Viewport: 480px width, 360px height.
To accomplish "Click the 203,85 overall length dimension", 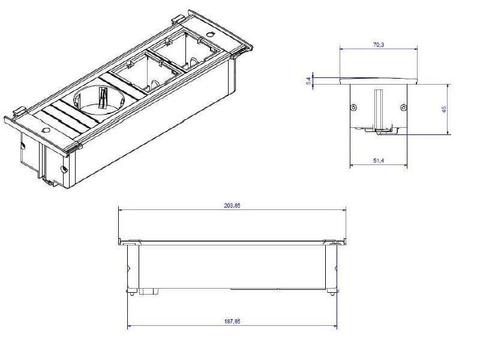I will tap(232, 205).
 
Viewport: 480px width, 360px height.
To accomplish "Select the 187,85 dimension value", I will tap(232, 322).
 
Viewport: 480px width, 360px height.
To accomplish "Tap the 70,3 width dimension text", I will tap(379, 44).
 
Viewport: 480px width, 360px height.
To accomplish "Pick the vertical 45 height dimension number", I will tap(445, 109).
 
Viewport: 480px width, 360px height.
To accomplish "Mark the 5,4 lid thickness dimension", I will tap(308, 80).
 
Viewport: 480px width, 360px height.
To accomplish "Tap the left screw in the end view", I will tap(353, 107).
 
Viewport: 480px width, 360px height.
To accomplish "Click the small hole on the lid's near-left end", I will tap(46, 130).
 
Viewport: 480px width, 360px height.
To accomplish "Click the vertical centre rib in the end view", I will tap(378, 108).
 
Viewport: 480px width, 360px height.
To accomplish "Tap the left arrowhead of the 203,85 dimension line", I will tap(119, 209).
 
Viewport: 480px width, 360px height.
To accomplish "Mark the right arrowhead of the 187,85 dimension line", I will tap(335, 327).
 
